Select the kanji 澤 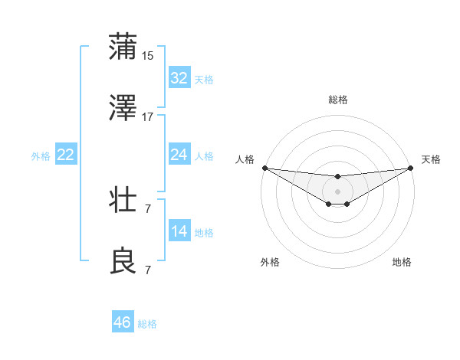click(x=123, y=109)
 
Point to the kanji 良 click(x=123, y=260)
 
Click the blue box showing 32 click(x=179, y=78)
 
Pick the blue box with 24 click(x=179, y=155)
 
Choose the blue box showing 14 click(x=179, y=232)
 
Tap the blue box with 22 click(x=66, y=155)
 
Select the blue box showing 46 click(x=122, y=322)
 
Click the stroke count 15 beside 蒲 click(x=148, y=55)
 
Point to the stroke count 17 click(x=148, y=117)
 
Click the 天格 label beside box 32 click(x=203, y=80)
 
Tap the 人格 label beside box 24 click(x=203, y=156)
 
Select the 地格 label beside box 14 click(x=203, y=233)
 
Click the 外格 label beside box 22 click(x=41, y=156)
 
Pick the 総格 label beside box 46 click(x=147, y=324)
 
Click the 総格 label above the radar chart click(x=337, y=100)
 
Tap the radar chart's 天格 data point click(x=412, y=168)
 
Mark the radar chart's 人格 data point click(x=264, y=168)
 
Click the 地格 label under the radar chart click(x=402, y=262)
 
